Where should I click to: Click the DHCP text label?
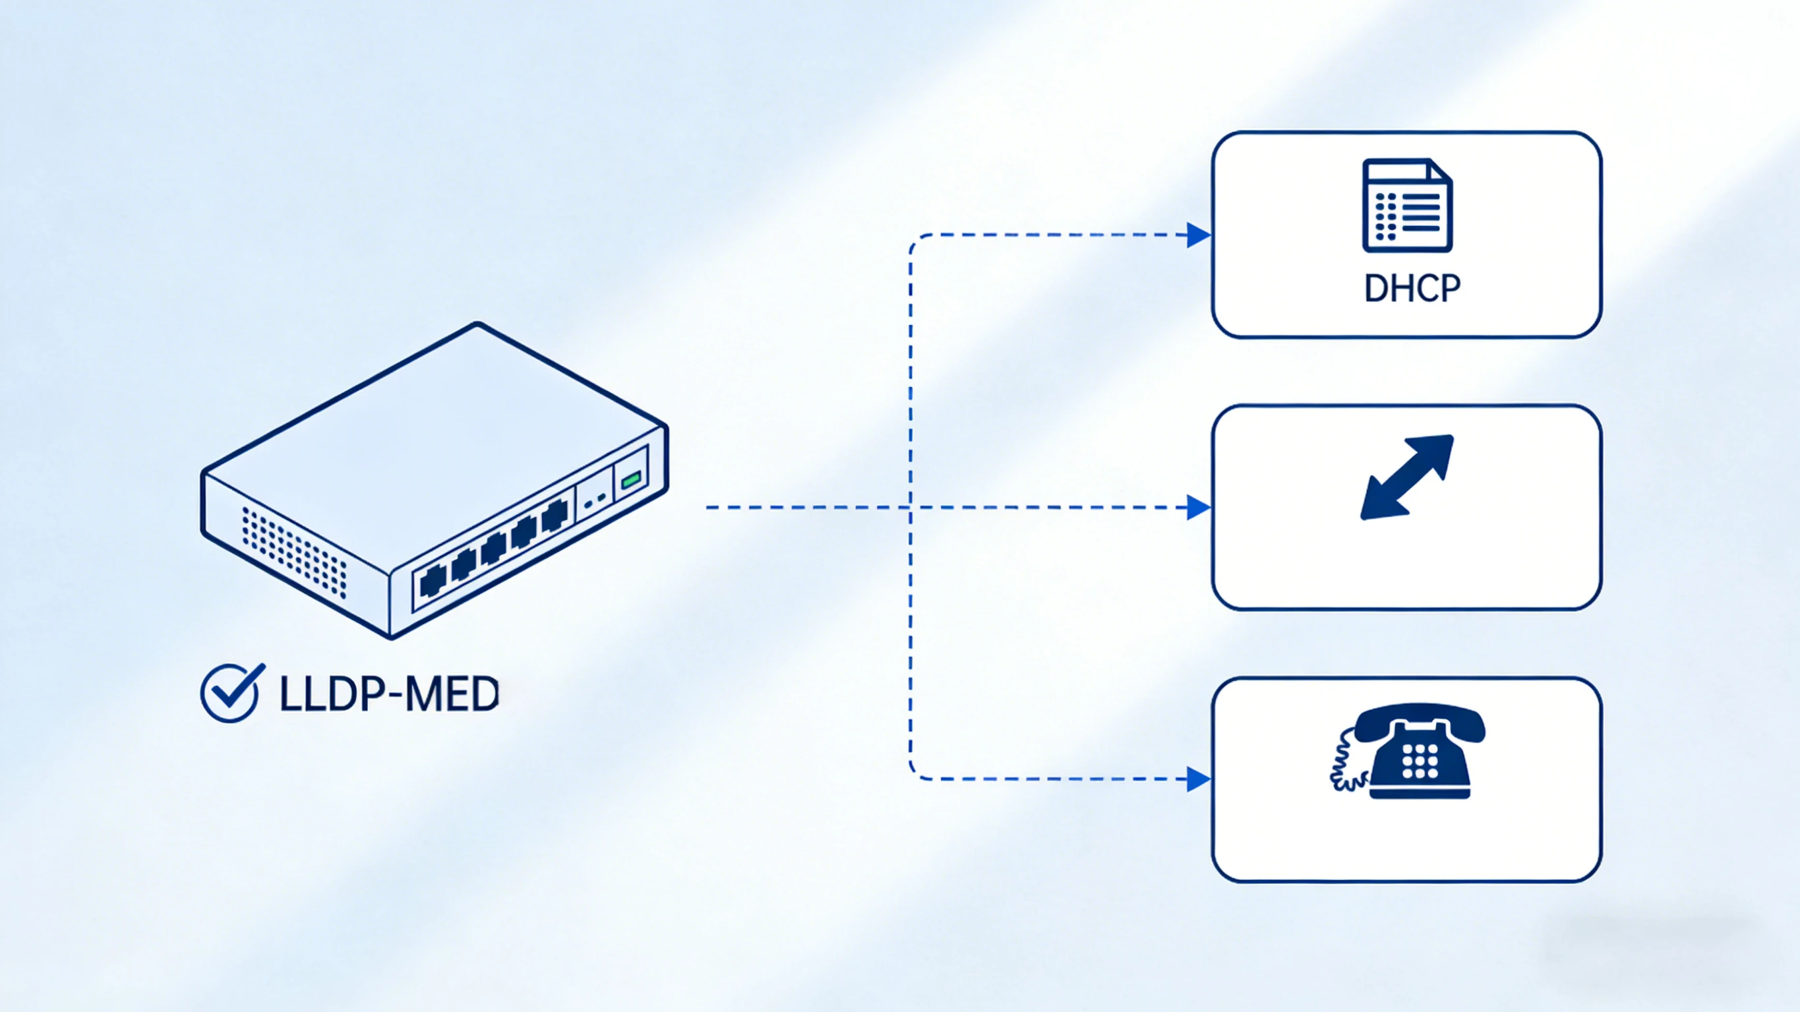[x=1412, y=288]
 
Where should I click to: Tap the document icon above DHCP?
[x=1406, y=206]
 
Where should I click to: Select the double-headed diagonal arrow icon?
[x=1406, y=477]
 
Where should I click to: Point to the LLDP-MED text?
[x=389, y=695]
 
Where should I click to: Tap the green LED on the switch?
[x=631, y=479]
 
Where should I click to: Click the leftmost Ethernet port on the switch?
[x=433, y=580]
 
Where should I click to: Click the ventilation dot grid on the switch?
[x=294, y=551]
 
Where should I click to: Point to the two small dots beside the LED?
[x=595, y=501]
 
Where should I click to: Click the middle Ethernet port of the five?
[x=493, y=549]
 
